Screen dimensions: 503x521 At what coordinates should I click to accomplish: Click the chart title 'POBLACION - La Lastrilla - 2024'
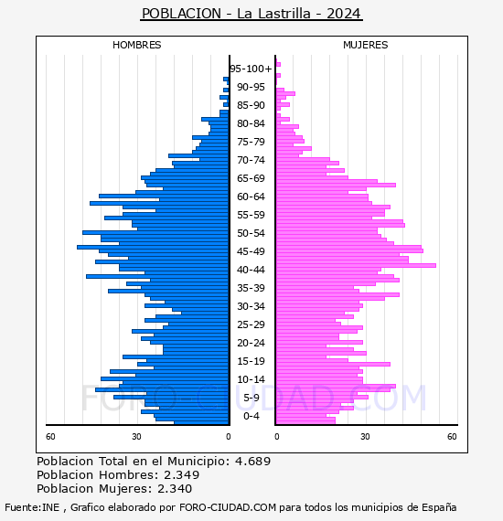tap(251, 14)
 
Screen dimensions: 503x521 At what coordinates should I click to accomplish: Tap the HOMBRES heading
tap(136, 45)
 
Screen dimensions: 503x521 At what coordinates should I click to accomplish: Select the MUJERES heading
tap(366, 45)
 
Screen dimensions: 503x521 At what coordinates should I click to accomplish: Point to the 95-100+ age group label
tap(251, 69)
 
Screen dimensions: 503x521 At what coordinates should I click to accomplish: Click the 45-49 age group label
tap(251, 251)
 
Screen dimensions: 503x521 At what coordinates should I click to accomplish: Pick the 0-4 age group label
tap(251, 416)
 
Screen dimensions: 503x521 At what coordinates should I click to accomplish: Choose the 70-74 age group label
tap(251, 160)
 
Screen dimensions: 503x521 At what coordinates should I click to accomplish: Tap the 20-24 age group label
tap(251, 343)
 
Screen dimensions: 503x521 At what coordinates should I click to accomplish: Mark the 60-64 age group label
tap(251, 197)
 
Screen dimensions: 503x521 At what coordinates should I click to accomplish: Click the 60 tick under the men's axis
tap(50, 436)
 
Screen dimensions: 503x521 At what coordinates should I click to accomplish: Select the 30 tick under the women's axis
tap(365, 436)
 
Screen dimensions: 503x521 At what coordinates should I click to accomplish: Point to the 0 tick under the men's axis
tap(228, 436)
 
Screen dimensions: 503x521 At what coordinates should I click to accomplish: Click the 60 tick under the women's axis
tap(452, 436)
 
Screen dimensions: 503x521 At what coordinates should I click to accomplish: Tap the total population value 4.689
tap(252, 462)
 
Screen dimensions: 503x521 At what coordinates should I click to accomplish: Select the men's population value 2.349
tap(181, 474)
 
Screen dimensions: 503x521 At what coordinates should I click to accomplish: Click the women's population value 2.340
tap(175, 488)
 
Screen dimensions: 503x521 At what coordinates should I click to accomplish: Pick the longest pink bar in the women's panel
tap(356, 265)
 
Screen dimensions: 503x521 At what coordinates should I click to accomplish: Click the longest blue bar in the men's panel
tap(154, 247)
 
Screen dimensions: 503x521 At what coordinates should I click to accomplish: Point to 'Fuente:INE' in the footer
tap(32, 507)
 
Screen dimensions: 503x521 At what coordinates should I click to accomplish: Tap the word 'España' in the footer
tap(439, 507)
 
